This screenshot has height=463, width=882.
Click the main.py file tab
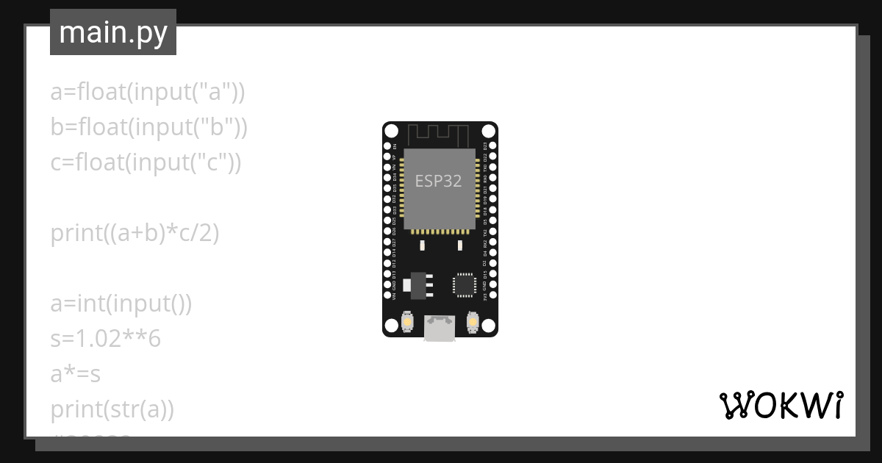click(x=113, y=32)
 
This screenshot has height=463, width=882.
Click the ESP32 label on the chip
click(x=439, y=181)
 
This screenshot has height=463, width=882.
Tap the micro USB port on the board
click(x=440, y=328)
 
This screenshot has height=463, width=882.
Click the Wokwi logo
click(x=780, y=405)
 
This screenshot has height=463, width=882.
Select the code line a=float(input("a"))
click(x=148, y=92)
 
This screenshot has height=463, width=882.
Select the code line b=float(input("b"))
click(x=149, y=127)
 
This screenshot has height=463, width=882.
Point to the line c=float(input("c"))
click(x=146, y=162)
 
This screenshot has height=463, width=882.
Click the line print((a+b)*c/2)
click(x=135, y=233)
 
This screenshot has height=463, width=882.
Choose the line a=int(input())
click(x=121, y=304)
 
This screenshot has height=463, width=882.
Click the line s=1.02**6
click(x=106, y=339)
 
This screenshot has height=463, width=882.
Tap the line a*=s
click(x=76, y=374)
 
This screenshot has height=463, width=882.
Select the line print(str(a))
click(x=112, y=409)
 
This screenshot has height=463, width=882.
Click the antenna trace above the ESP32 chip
click(x=439, y=135)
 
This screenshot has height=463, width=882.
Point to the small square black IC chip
click(x=465, y=284)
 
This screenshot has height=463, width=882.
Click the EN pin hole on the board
click(x=387, y=146)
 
